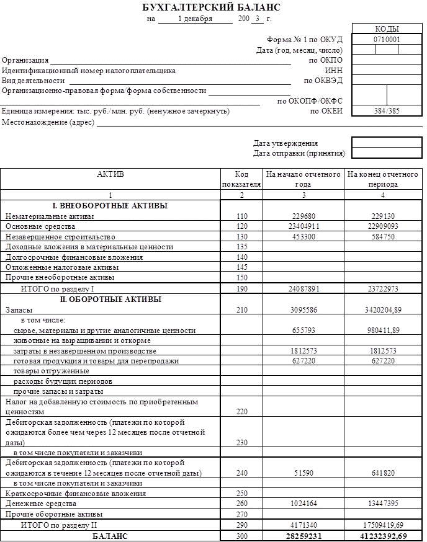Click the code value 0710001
[x=387, y=39]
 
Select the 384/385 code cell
[x=387, y=111]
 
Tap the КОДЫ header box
[x=387, y=29]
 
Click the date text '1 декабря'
[x=194, y=19]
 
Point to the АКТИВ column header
[x=110, y=174]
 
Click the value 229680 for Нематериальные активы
[x=304, y=216]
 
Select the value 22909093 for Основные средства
[x=382, y=226]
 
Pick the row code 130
[x=241, y=237]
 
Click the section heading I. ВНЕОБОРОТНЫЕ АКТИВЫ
[x=110, y=206]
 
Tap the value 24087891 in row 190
[x=304, y=289]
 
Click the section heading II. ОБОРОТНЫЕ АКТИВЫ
[x=110, y=299]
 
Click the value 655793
[x=304, y=331]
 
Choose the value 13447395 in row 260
[x=382, y=504]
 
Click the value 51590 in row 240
[x=304, y=473]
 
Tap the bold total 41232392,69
[x=382, y=536]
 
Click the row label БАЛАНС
[x=110, y=536]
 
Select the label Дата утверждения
[x=285, y=143]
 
